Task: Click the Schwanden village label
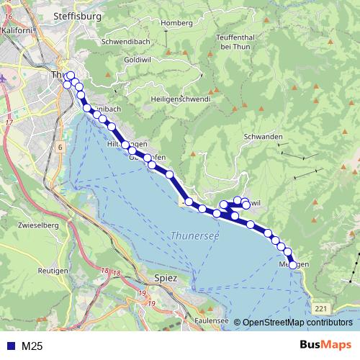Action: pos(265,137)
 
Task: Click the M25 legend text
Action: pos(32,346)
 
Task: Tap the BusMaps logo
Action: pos(325,346)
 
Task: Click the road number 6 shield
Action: pos(60,147)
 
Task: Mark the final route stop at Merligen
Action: pos(294,265)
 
